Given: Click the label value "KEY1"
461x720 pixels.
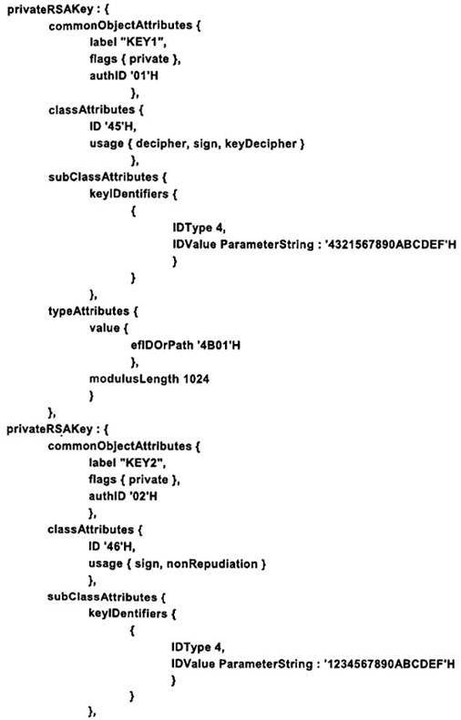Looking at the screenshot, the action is tap(143, 42).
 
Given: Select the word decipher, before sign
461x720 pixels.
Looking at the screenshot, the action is tap(161, 144).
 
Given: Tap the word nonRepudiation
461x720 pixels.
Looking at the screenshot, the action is tap(212, 563).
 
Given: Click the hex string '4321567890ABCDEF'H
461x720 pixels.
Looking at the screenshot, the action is tap(391, 244).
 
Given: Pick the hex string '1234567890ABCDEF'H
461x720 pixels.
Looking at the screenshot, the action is tap(389, 664).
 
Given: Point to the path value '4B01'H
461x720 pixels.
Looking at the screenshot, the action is tap(218, 345).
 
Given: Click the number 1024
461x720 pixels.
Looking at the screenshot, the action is tap(196, 379).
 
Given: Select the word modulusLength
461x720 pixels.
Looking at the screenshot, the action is tap(134, 380).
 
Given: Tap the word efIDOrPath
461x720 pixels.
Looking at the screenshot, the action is tap(161, 345).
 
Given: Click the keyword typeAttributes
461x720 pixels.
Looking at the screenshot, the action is tap(88, 311).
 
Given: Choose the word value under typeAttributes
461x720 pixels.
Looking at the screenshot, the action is tap(105, 328).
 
